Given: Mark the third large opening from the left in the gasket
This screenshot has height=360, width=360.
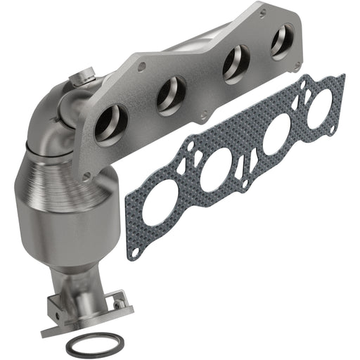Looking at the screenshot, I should (276, 133).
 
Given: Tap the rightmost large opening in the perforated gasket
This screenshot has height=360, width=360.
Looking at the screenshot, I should (321, 104).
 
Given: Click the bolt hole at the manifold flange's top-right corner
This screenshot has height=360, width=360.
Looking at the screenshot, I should (263, 13).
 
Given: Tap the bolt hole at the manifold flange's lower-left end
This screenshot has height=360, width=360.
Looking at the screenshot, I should (87, 176).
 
